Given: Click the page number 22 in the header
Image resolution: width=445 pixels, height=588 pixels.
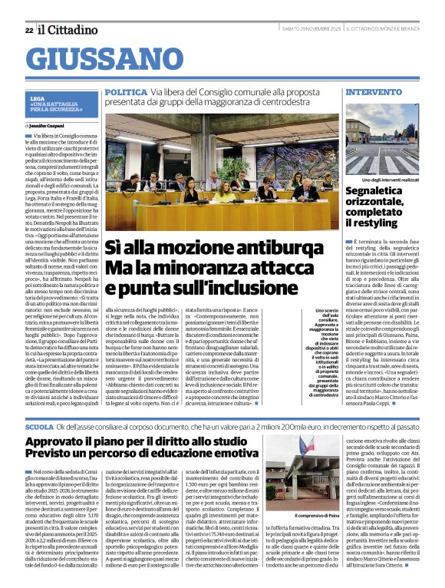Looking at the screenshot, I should pyautogui.click(x=29, y=30).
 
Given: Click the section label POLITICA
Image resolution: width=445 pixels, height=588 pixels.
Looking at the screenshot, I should pyautogui.click(x=125, y=91).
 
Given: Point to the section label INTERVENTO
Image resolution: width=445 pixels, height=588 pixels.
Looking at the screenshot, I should pyautogui.click(x=374, y=91).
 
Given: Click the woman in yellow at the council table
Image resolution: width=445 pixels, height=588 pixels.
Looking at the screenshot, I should pyautogui.click(x=225, y=188).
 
